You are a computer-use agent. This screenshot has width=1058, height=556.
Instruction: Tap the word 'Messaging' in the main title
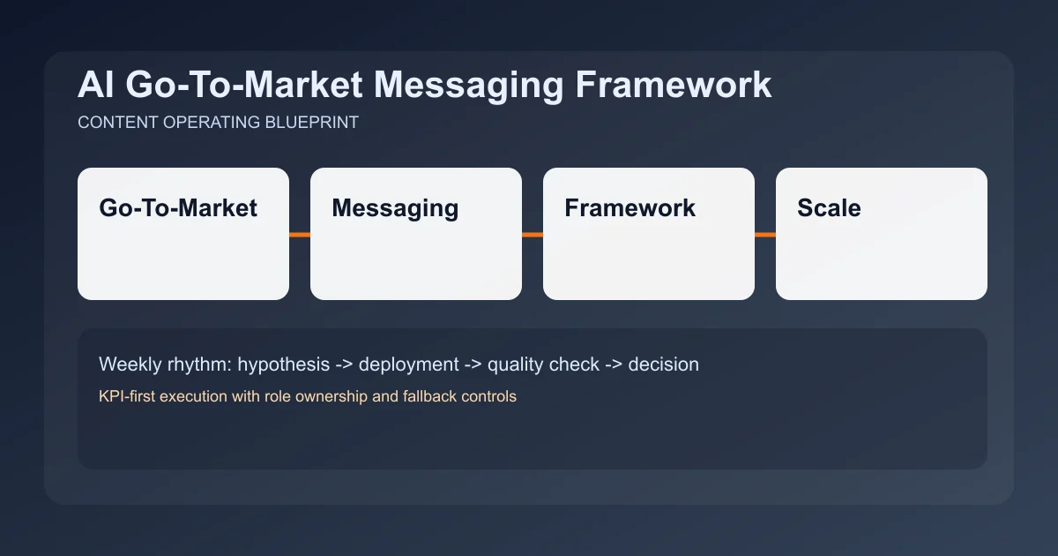point(472,86)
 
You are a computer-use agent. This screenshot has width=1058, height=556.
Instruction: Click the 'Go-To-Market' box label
point(178,208)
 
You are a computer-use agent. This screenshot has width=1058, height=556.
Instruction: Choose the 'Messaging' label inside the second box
point(395,208)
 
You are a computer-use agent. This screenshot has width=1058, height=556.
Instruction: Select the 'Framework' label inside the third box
point(630,208)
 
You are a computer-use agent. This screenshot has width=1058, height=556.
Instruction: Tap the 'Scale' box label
point(829,208)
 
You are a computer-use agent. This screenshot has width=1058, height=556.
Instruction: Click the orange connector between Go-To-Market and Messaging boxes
point(300,235)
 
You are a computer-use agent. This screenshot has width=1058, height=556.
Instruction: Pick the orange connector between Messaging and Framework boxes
point(533,235)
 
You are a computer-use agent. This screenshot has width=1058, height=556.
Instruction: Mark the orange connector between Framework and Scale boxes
point(765,235)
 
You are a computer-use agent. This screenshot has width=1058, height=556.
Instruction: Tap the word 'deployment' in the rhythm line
point(408,364)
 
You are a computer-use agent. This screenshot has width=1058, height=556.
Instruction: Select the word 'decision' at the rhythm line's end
point(663,364)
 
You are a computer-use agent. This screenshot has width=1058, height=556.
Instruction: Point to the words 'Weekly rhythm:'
point(165,364)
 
